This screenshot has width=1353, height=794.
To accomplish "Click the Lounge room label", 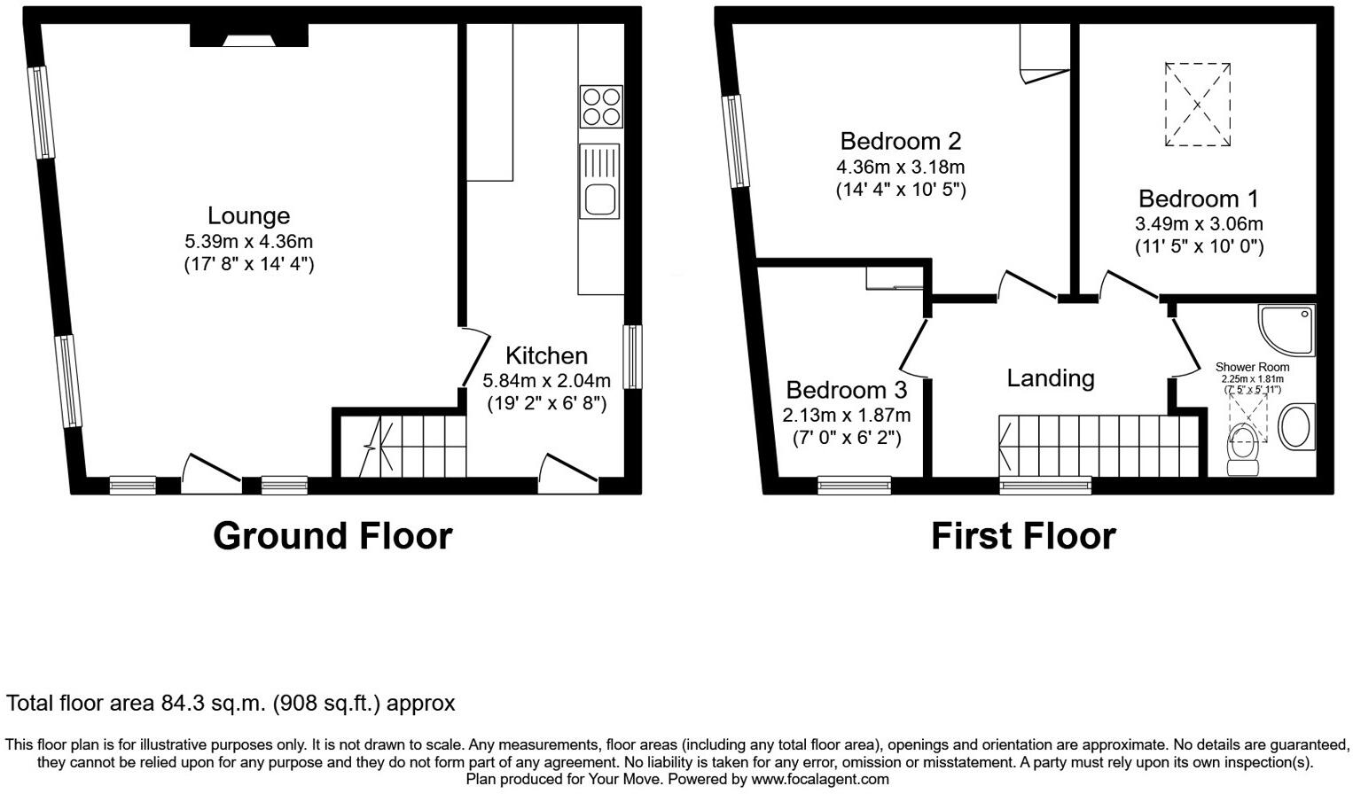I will [x=248, y=216].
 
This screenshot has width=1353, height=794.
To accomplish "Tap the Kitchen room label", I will [x=546, y=355].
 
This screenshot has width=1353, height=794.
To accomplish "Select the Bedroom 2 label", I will [x=900, y=141].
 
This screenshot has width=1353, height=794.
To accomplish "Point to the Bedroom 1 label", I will [x=1198, y=198].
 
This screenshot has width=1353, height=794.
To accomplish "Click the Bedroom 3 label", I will [x=846, y=390].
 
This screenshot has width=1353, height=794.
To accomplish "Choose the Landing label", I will [x=1050, y=378].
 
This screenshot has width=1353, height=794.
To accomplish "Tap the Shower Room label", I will [x=1252, y=367].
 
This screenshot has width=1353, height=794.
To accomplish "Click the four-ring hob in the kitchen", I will [x=600, y=106].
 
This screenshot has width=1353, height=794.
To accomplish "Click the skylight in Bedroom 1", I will [x=1197, y=105].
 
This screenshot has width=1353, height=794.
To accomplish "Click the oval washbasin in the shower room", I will [x=1298, y=426].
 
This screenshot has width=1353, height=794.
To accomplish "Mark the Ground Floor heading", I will [x=332, y=536].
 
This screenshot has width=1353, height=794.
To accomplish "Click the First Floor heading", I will [x=1022, y=536].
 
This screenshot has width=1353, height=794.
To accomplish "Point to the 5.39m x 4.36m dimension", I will [x=248, y=241].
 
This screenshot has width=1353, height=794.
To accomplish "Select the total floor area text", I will [x=231, y=704].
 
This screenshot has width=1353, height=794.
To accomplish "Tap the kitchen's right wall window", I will [x=631, y=357].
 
